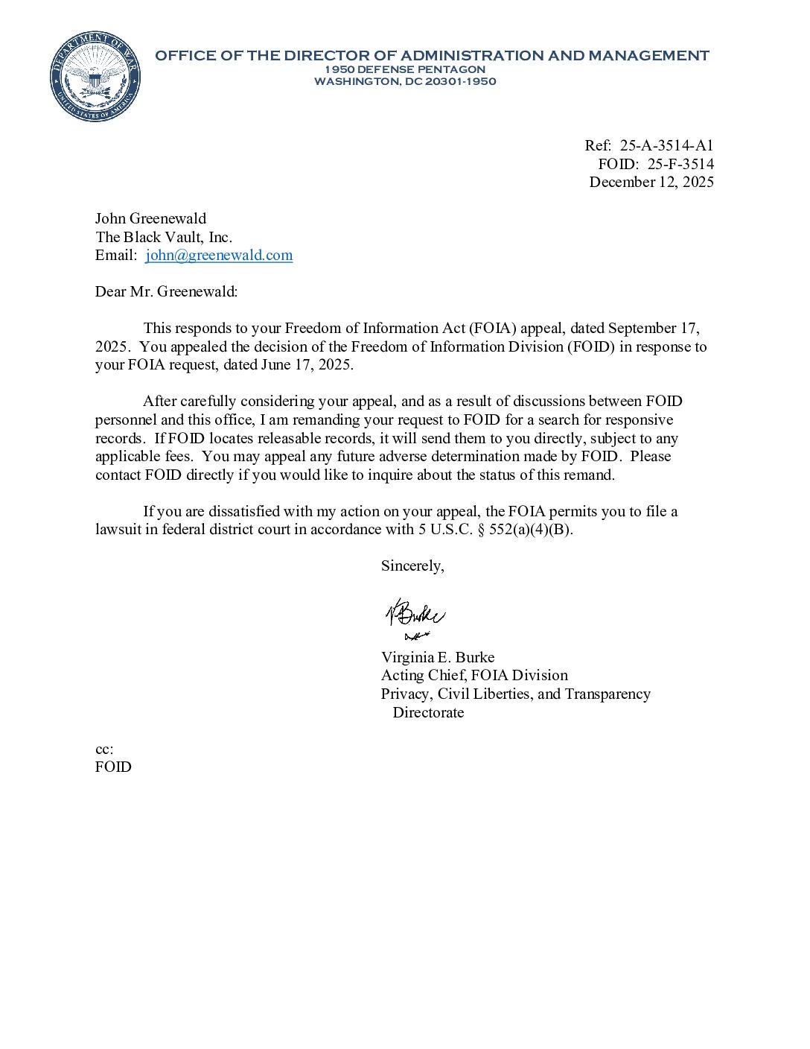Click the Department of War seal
point(95,76)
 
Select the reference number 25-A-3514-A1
point(666,145)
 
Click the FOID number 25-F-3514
point(680,164)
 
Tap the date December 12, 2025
point(651,182)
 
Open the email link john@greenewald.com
point(219,255)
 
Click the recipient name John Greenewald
point(150,218)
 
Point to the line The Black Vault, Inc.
point(164,237)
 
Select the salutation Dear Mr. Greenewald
point(166,291)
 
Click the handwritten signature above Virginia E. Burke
point(415,617)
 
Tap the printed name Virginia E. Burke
point(438,657)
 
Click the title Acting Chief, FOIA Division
point(474,675)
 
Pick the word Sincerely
point(412,565)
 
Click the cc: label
point(104,749)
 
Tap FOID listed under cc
point(113,767)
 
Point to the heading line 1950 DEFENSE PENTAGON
point(405,69)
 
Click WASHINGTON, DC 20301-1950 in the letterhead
point(405,81)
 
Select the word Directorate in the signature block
point(428,712)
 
